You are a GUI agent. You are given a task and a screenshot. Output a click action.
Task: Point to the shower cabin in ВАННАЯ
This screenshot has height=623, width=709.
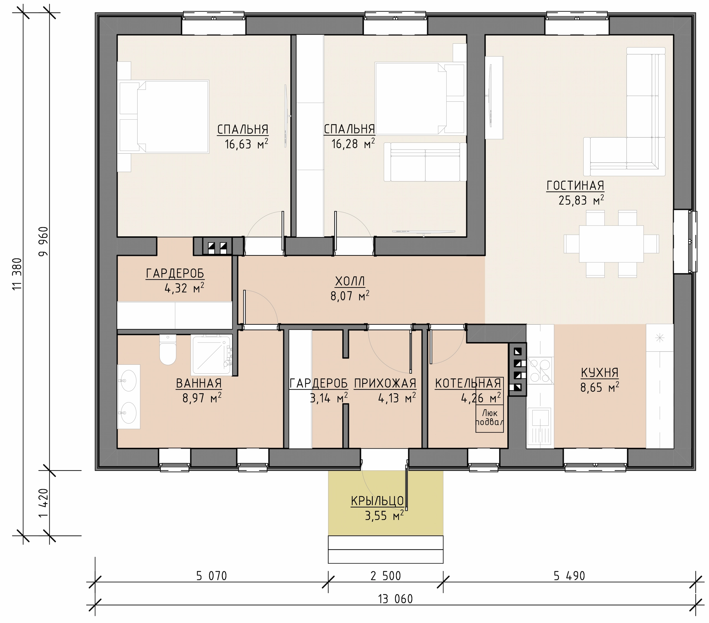point(211,355)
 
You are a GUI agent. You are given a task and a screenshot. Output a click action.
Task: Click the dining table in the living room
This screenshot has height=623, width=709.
point(611,244)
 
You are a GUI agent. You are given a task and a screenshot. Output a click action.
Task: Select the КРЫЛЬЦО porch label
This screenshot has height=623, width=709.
point(377,501)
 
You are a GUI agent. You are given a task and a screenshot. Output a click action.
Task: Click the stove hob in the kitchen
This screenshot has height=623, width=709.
point(540,370)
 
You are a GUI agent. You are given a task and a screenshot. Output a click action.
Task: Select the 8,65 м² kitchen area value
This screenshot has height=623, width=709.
point(600,387)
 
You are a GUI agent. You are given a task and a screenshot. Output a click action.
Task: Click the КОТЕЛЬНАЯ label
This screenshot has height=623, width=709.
point(468,383)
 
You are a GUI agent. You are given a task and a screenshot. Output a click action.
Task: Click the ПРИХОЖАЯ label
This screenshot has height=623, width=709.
point(385,383)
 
